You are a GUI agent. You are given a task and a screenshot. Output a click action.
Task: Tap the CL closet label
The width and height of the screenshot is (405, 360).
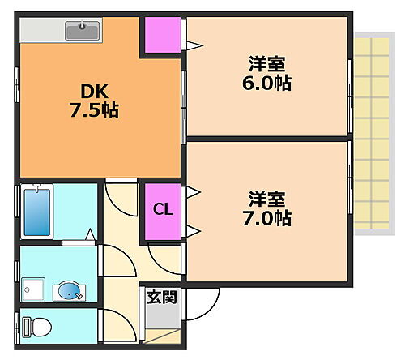163,210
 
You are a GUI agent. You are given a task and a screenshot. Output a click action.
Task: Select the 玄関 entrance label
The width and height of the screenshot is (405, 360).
158,297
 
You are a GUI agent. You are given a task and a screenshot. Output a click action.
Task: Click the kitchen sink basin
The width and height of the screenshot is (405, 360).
82,32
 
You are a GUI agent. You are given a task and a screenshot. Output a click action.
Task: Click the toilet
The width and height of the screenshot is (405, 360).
38,327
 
